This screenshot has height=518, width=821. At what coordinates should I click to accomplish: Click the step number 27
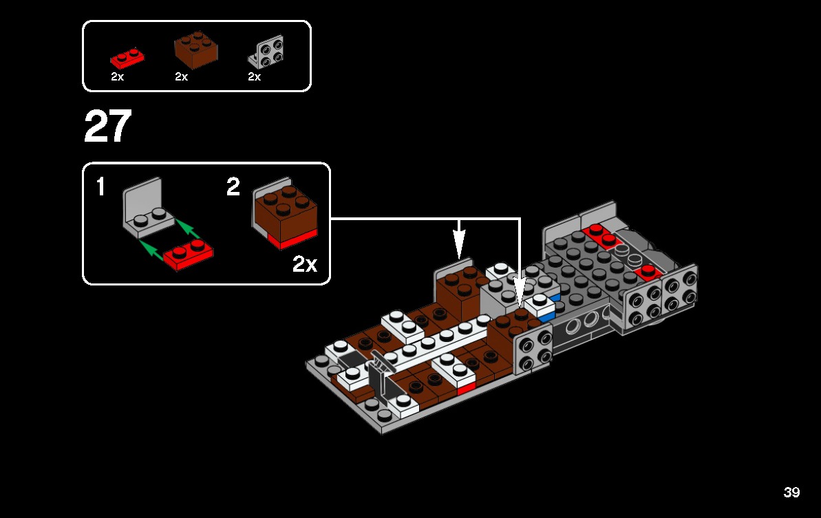click(x=107, y=127)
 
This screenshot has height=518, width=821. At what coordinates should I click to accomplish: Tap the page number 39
click(x=791, y=493)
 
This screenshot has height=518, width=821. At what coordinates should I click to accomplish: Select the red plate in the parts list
click(x=127, y=57)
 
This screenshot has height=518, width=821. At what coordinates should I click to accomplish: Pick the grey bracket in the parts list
click(x=267, y=52)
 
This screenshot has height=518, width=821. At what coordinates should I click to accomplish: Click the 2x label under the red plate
click(x=117, y=77)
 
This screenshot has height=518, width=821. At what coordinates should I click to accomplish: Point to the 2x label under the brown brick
click(x=181, y=77)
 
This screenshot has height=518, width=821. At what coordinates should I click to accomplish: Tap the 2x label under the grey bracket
click(x=254, y=77)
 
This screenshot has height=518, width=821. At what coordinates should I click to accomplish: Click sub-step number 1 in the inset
click(x=100, y=186)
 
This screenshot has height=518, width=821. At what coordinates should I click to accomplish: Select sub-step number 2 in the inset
click(x=233, y=186)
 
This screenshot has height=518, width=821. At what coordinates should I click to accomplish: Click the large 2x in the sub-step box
click(x=305, y=264)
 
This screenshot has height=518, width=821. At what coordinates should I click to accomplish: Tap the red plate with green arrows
click(x=188, y=255)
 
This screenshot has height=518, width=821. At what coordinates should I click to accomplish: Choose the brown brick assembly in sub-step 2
click(x=284, y=214)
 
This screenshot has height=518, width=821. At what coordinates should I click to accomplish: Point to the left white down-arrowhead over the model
click(x=459, y=244)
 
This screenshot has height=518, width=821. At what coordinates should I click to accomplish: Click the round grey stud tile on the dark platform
click(x=634, y=259)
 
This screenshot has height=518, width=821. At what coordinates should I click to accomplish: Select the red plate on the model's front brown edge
click(x=466, y=388)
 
